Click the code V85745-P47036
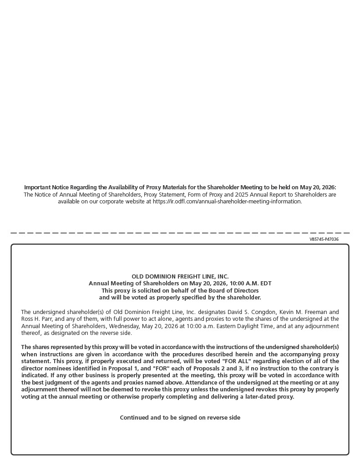pos(324,239)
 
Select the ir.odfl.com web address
pos(227,202)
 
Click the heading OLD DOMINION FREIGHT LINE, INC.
pos(180,277)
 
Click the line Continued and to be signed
pos(180,418)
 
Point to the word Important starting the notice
pos(37,187)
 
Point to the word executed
pos(120,361)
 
